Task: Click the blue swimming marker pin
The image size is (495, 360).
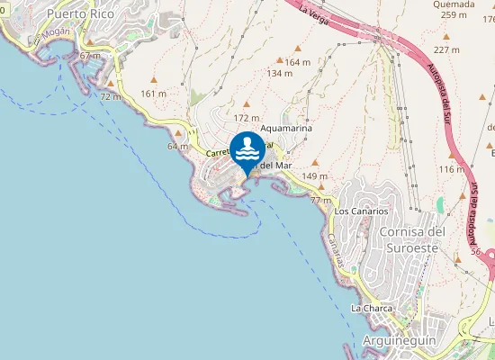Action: tap(247, 150)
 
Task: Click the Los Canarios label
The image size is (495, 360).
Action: tap(361, 211)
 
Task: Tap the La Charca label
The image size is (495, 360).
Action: tap(372, 309)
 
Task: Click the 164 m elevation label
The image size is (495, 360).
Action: tap(298, 62)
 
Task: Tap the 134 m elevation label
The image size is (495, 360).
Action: tap(280, 74)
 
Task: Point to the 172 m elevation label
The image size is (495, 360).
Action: tap(246, 118)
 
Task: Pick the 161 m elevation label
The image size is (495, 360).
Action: tap(155, 94)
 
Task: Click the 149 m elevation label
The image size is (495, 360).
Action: tap(315, 175)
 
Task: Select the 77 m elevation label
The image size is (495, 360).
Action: tap(320, 200)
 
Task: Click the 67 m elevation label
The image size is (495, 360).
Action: tap(90, 56)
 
